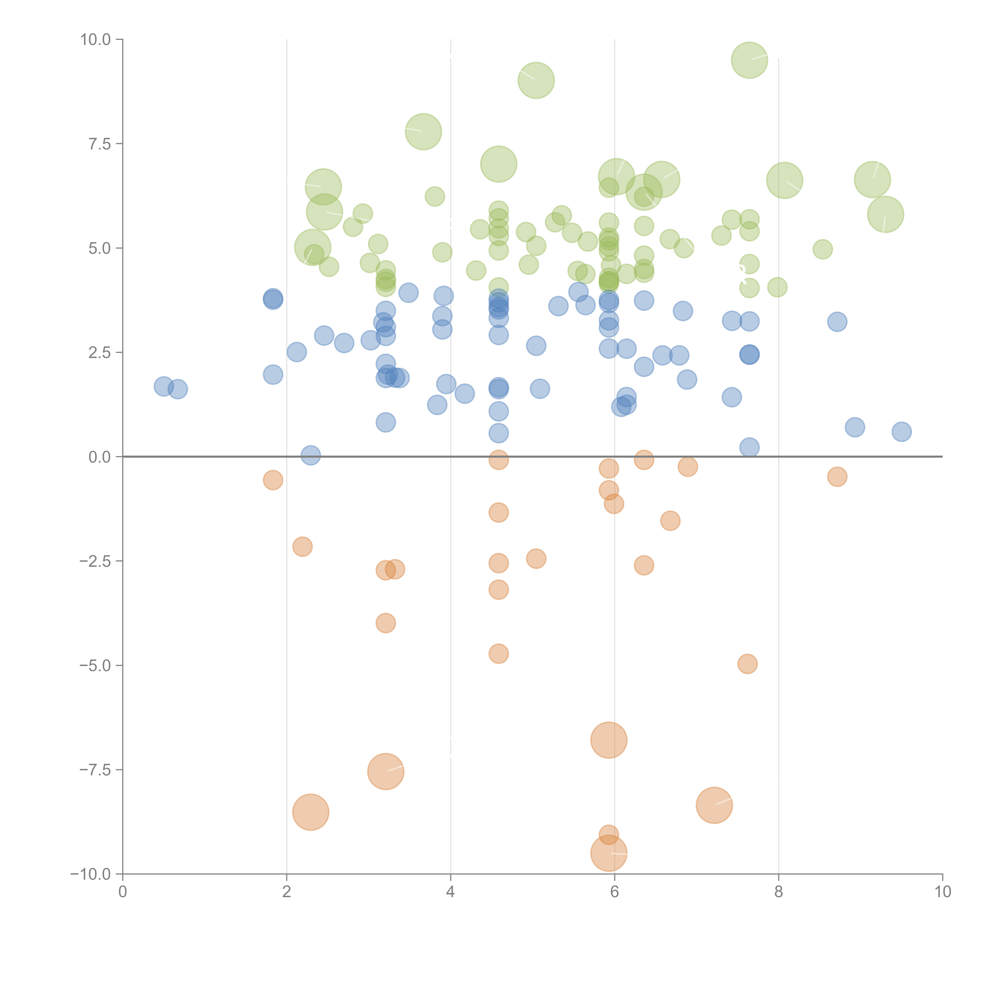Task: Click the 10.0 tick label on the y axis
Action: pyautogui.click(x=96, y=40)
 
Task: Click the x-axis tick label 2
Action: pyautogui.click(x=287, y=892)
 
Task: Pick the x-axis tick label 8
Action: pyautogui.click(x=779, y=892)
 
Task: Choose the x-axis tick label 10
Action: pyautogui.click(x=942, y=892)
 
